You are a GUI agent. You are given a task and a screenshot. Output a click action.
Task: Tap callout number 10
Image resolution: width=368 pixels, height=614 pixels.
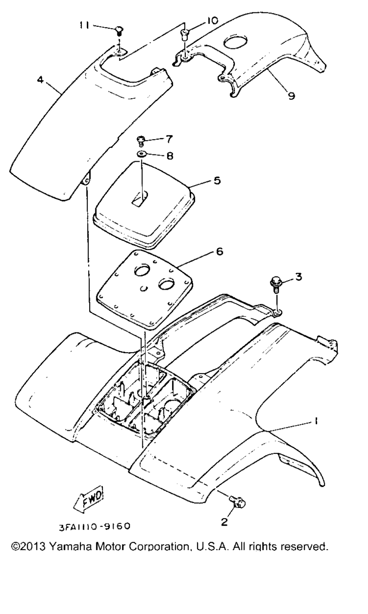[211, 20]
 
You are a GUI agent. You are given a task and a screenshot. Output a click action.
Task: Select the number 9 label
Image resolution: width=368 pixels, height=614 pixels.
[291, 95]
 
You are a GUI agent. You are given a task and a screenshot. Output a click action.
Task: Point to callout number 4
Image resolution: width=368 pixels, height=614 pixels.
[41, 80]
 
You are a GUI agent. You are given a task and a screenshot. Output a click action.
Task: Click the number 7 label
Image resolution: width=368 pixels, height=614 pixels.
[169, 139]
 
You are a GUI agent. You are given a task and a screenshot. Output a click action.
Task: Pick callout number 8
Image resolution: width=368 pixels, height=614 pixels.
[170, 155]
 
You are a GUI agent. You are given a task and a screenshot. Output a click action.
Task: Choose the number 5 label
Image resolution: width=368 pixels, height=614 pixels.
[217, 181]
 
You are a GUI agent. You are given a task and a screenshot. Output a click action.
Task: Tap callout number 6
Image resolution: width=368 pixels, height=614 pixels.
[219, 251]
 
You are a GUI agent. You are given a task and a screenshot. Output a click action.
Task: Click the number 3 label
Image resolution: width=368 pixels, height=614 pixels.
[298, 277]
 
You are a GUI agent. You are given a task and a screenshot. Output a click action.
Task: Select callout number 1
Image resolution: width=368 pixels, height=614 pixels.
[316, 420]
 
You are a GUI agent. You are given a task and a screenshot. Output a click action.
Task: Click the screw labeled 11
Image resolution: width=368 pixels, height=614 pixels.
[119, 30]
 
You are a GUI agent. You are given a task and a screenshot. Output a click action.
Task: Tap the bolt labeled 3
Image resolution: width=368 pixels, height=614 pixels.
[275, 284]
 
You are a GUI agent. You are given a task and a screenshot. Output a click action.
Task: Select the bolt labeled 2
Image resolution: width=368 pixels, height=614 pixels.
[238, 502]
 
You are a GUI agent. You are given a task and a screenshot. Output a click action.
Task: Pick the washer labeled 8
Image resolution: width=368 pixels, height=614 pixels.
[141, 154]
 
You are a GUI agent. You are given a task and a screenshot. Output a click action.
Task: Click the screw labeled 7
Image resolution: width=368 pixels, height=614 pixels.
[140, 141]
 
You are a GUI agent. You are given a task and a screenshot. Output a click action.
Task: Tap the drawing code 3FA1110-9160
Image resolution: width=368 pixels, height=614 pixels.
[95, 526]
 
